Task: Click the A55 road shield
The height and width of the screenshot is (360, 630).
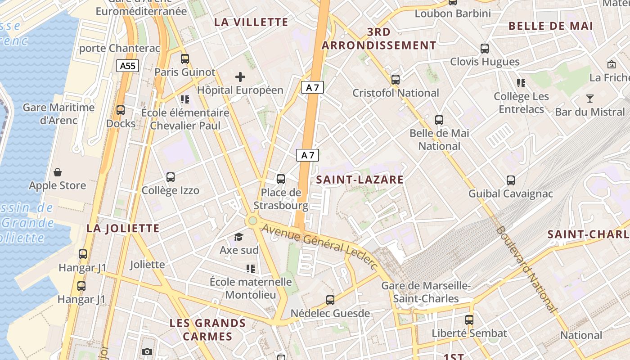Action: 127,66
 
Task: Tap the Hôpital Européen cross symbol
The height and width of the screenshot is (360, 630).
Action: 240,77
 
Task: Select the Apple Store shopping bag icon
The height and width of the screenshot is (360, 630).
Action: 58,172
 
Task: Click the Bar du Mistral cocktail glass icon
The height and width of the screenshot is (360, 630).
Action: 589,99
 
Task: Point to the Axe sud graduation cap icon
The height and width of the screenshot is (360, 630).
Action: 238,237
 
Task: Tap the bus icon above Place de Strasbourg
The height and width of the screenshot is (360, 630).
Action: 281,179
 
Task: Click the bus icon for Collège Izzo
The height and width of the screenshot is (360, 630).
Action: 171,177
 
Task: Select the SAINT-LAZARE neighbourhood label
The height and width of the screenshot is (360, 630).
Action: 360,180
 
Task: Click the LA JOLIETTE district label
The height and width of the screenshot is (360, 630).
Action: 123,228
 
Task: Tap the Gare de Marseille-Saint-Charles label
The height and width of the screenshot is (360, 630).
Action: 426,292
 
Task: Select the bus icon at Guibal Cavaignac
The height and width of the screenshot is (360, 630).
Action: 511,180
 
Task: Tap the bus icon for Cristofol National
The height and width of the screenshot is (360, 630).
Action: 396,80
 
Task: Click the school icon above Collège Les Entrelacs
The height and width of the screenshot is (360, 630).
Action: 521,83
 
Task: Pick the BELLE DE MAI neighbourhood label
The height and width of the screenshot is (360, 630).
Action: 550,26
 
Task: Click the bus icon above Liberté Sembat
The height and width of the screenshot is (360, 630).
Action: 469,320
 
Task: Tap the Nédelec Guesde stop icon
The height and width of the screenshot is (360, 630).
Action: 330,300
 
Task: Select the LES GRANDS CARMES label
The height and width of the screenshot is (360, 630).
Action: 207,329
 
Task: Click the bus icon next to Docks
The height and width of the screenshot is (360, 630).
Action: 121,110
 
